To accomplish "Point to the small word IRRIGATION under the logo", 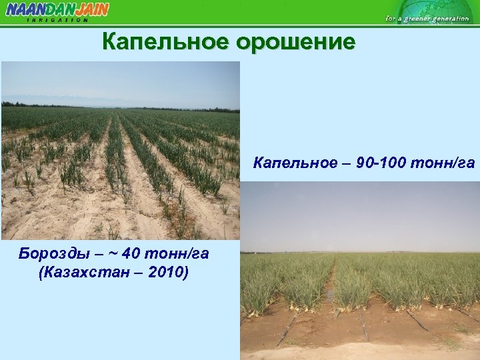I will pos(57,20).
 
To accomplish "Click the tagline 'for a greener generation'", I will pos(427,19).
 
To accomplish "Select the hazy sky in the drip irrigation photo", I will pos(360,213).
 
